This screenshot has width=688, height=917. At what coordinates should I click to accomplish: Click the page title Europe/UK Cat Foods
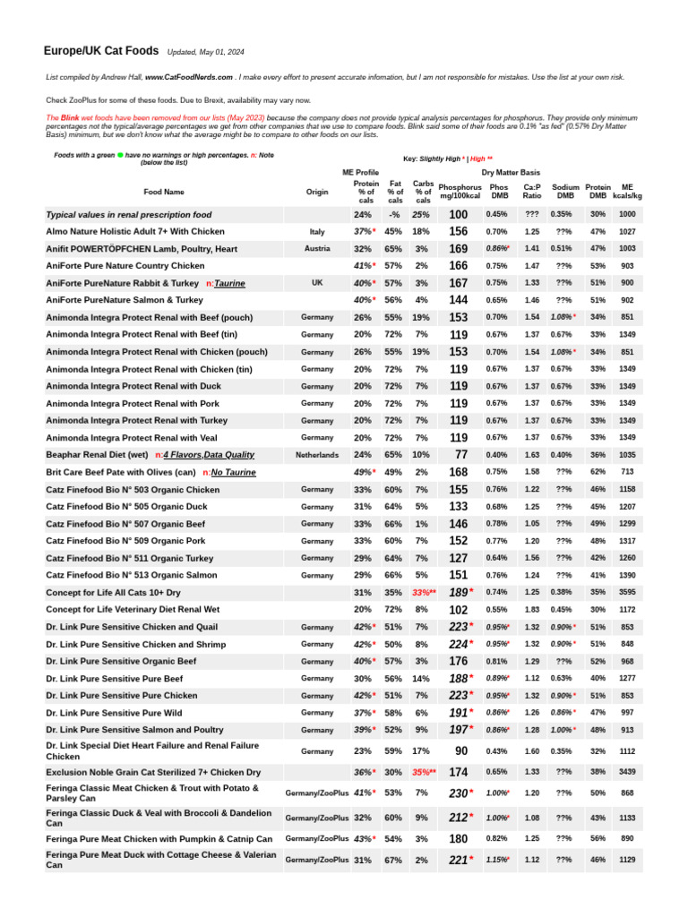pyautogui.click(x=101, y=51)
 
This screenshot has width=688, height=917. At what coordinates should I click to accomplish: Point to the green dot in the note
pyautogui.click(x=120, y=155)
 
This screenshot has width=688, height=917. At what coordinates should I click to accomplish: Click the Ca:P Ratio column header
pyautogui.click(x=532, y=191)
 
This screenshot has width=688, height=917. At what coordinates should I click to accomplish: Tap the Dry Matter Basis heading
pyautogui.click(x=511, y=171)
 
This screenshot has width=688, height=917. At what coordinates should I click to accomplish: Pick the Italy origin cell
pyautogui.click(x=316, y=231)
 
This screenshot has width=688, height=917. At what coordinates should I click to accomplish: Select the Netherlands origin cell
pyautogui.click(x=316, y=455)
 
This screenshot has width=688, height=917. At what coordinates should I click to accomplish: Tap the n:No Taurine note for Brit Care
pyautogui.click(x=229, y=472)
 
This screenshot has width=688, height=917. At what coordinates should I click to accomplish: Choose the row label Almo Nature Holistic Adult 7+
pyautogui.click(x=134, y=231)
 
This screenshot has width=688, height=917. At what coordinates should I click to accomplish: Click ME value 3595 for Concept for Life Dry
pyautogui.click(x=627, y=592)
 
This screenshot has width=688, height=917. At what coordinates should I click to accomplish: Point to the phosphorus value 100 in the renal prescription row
pyautogui.click(x=459, y=215)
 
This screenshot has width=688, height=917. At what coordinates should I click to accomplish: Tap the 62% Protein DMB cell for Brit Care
pyautogui.click(x=598, y=472)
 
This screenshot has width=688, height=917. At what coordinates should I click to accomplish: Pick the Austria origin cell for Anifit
pyautogui.click(x=316, y=248)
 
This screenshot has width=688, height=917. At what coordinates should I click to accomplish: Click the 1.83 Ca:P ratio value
pyautogui.click(x=532, y=609)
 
